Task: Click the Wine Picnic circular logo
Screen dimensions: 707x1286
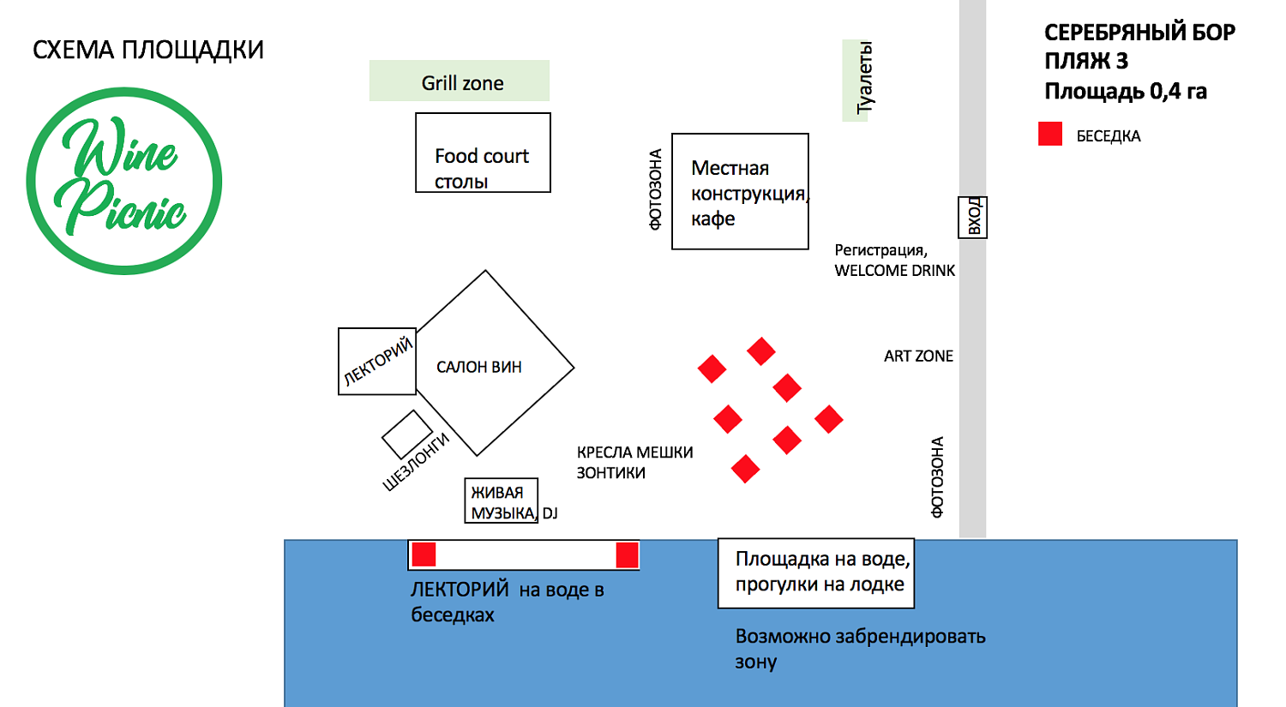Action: tap(124, 181)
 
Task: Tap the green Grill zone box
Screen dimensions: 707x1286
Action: tap(460, 81)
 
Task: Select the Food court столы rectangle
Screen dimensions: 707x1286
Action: tap(483, 153)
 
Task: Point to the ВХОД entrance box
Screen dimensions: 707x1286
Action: tap(973, 217)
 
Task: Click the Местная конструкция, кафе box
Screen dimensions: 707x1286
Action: tap(740, 192)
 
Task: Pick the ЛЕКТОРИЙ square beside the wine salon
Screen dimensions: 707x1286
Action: tap(377, 361)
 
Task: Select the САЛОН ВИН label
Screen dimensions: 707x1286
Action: tap(479, 368)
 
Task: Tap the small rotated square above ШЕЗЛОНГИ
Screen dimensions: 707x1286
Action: tap(407, 434)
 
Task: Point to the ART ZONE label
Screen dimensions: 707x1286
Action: tap(918, 356)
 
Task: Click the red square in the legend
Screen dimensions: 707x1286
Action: tap(1050, 134)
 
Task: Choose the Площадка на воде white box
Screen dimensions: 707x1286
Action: tap(816, 572)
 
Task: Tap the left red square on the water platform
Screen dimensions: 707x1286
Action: tap(424, 554)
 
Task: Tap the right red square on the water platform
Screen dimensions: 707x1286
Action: tap(627, 554)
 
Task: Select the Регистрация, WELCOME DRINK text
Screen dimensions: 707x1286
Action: tap(894, 261)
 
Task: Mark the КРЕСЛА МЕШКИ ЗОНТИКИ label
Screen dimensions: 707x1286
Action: tap(634, 463)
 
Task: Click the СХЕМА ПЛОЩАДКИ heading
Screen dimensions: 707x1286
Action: tap(148, 51)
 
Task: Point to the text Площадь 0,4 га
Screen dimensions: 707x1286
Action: tap(1125, 92)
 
